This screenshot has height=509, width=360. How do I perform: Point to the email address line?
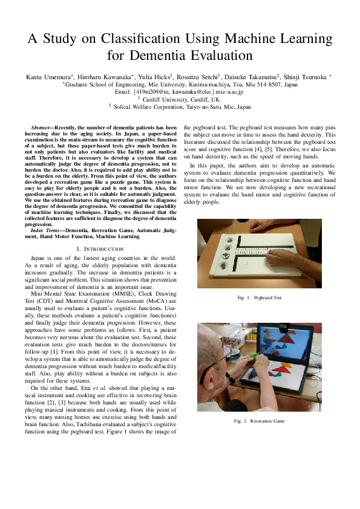180,92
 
